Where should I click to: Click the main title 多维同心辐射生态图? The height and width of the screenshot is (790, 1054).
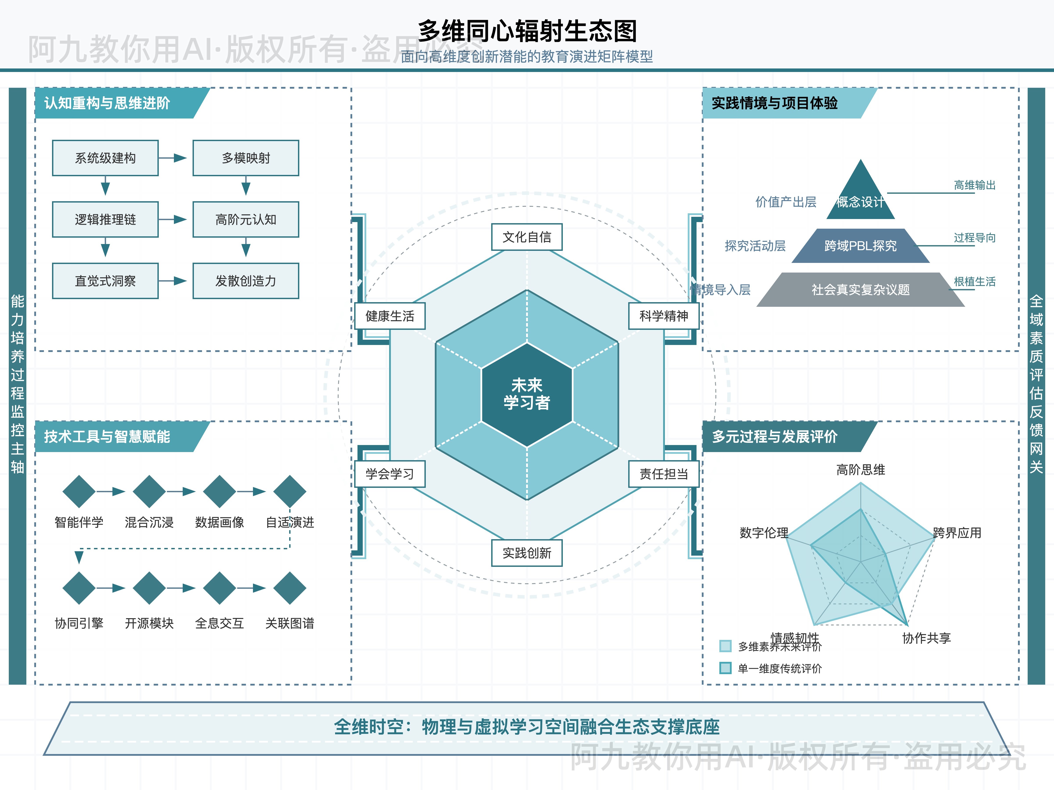(527, 31)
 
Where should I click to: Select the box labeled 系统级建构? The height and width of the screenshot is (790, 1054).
(105, 158)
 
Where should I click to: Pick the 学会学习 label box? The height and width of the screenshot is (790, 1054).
(390, 474)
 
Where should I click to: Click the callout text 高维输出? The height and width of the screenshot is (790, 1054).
(975, 185)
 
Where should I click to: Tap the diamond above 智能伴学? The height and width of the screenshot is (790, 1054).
(79, 491)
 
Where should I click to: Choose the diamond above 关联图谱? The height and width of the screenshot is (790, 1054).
(290, 588)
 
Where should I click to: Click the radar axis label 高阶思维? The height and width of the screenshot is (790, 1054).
(861, 470)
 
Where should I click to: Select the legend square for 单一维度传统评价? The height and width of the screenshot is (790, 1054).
(725, 668)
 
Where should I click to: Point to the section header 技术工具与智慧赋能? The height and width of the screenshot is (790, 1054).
(107, 437)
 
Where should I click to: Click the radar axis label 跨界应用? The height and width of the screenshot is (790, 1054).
(957, 533)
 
